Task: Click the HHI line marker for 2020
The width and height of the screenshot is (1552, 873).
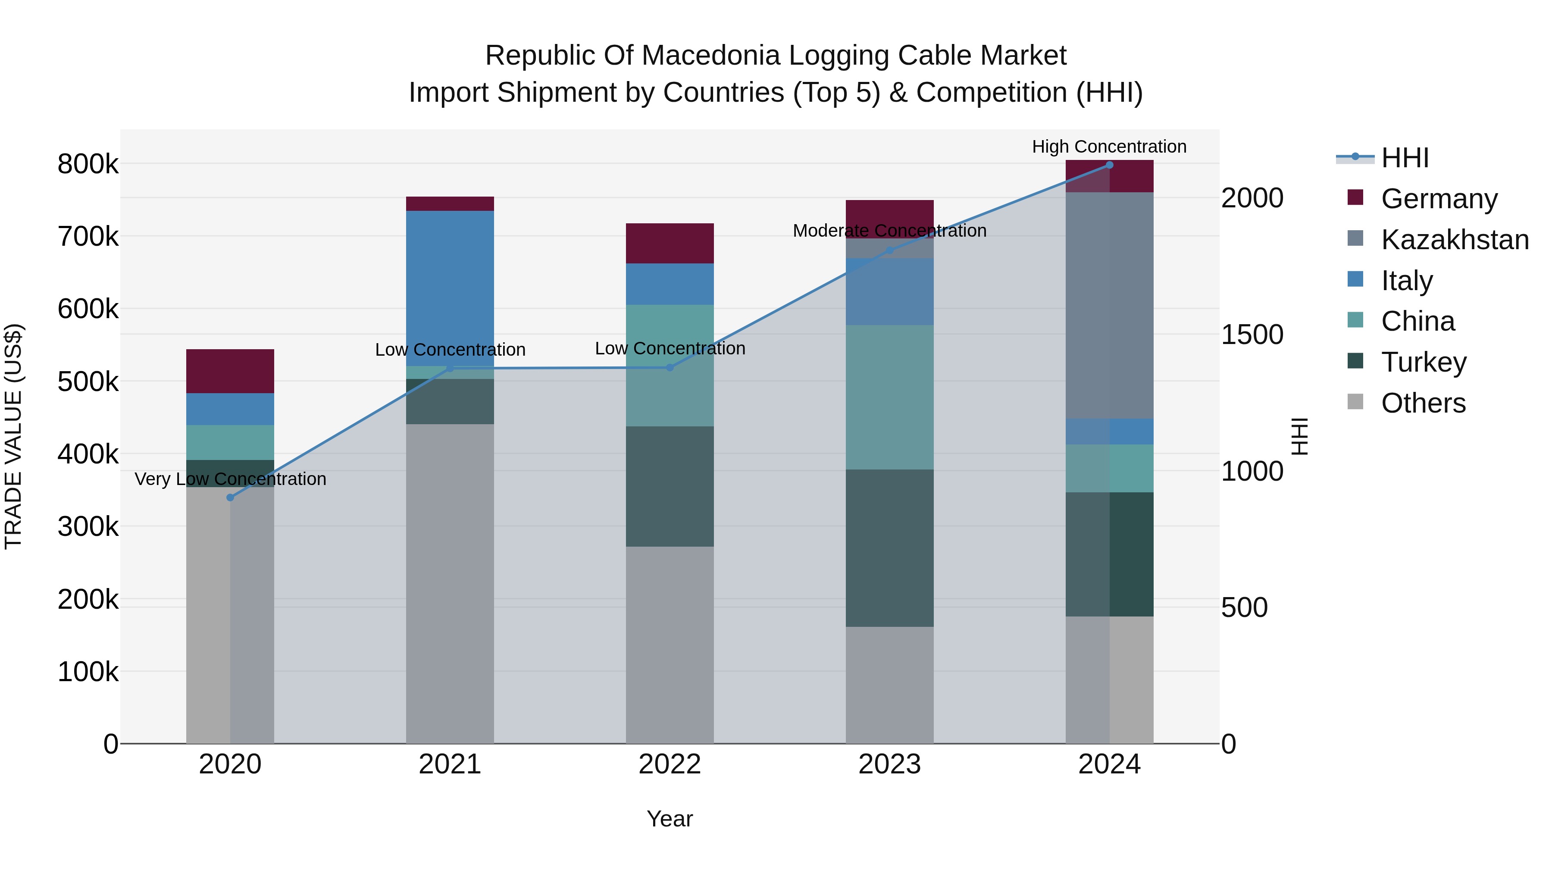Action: [x=230, y=498]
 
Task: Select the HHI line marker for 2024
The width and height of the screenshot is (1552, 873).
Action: [x=1109, y=165]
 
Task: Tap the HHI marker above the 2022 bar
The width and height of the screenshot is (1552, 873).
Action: [x=670, y=367]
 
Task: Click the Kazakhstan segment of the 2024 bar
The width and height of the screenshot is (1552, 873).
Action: [x=1109, y=306]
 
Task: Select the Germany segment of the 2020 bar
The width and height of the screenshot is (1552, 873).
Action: [x=230, y=371]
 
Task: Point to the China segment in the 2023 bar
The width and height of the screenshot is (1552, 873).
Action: [x=890, y=397]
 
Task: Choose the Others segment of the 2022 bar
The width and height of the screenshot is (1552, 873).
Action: [x=670, y=645]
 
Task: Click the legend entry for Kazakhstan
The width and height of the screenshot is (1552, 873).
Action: [x=1455, y=240]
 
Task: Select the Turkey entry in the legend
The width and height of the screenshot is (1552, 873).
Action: [x=1423, y=362]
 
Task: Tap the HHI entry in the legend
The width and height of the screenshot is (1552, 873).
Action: [x=1405, y=158]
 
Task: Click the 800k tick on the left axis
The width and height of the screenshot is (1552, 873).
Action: [x=88, y=164]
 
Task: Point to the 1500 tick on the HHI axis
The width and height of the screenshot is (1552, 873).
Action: [x=1252, y=335]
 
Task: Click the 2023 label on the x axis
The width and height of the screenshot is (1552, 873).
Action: [x=890, y=764]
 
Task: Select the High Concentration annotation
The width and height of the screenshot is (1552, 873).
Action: [x=1109, y=147]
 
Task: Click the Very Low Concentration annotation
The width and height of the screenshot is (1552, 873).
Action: [x=230, y=479]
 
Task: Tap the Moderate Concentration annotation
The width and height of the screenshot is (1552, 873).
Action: [x=889, y=231]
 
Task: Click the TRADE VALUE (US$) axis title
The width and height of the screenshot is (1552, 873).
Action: [x=14, y=436]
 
